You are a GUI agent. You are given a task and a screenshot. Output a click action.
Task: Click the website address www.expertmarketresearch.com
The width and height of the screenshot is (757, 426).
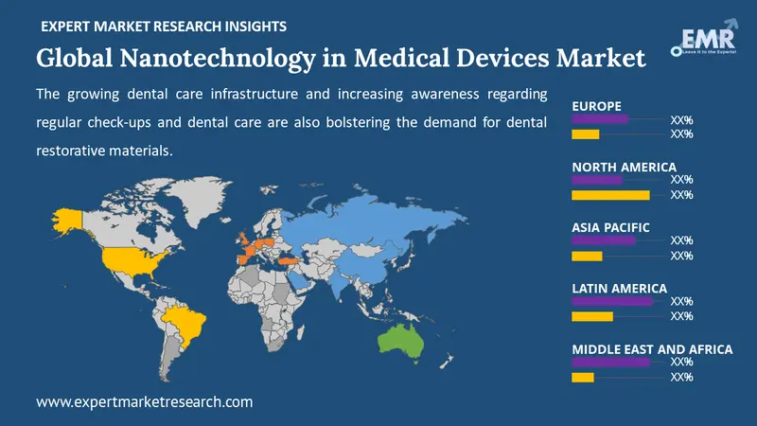click(x=145, y=401)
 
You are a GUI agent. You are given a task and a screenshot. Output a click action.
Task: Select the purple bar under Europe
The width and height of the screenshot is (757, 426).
click(x=600, y=119)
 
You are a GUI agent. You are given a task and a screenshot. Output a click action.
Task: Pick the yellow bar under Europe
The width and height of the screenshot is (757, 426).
click(x=586, y=134)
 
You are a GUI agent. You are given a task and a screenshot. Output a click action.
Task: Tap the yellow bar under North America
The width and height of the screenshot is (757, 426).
click(x=610, y=195)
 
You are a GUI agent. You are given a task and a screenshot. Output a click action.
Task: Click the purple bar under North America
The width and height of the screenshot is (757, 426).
click(x=597, y=180)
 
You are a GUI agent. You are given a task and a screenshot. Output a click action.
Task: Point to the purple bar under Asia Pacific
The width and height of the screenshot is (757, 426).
click(x=604, y=240)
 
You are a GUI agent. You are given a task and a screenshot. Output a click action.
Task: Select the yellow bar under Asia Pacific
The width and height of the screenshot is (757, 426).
click(x=587, y=256)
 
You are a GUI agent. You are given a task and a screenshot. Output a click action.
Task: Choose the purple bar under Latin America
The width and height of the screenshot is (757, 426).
click(x=612, y=301)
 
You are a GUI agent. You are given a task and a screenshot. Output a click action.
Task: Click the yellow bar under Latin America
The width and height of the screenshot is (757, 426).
click(x=592, y=316)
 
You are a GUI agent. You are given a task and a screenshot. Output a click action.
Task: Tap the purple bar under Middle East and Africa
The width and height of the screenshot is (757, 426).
click(x=610, y=362)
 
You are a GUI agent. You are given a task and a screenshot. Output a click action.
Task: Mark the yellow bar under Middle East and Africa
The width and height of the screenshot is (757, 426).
click(x=583, y=377)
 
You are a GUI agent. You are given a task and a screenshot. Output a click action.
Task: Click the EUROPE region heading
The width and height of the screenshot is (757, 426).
click(x=597, y=106)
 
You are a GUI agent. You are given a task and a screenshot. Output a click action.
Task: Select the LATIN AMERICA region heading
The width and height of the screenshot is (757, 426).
click(x=619, y=288)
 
